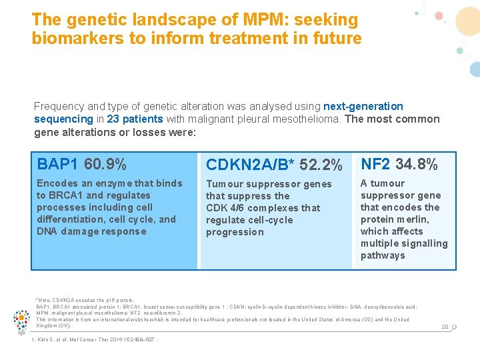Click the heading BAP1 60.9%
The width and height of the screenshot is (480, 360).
pos(81,164)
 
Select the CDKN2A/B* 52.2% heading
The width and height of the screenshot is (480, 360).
pos(274,165)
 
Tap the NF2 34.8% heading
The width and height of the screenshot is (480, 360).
pos(399,164)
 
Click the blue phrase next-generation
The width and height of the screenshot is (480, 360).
pos(363,106)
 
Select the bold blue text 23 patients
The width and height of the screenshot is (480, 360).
pos(134,119)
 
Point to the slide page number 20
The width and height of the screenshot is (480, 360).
pos(445,327)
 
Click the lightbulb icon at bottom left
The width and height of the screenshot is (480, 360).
pos(21,321)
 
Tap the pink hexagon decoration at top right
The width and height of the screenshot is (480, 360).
pos(439,15)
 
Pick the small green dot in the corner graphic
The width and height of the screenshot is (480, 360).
pos(459,51)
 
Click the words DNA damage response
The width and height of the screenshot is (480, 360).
pos(91,231)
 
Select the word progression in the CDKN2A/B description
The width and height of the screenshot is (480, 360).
pos(235,232)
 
